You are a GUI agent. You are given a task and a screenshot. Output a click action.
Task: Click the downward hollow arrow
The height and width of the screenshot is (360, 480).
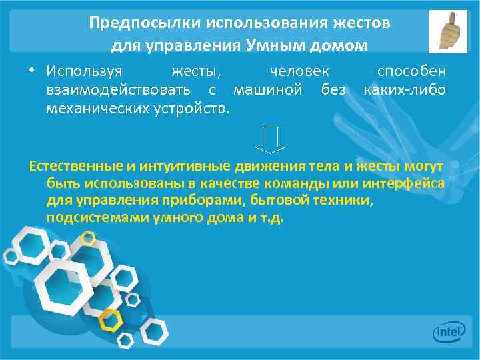coord(271,139)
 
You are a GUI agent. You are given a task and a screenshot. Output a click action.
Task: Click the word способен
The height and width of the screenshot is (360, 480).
coord(411,71)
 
